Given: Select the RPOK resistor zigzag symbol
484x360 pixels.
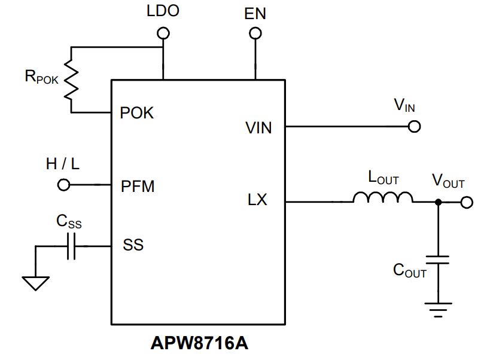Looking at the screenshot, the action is (71, 80).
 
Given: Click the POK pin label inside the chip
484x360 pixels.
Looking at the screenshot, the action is (137, 113).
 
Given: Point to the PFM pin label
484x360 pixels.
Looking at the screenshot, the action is (138, 187).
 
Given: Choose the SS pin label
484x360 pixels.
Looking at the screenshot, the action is (133, 245).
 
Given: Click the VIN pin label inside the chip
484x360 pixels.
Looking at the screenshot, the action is (258, 128).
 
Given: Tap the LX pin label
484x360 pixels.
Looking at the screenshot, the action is (257, 200).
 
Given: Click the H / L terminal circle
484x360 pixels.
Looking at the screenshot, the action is (63, 185).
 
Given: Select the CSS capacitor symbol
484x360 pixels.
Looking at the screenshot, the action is (71, 246).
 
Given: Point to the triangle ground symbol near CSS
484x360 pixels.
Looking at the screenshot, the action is (36, 283).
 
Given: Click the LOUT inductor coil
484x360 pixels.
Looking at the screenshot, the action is (383, 197).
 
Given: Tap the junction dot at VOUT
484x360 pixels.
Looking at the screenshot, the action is (439, 202).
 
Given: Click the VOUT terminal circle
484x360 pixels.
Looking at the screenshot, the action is (467, 202).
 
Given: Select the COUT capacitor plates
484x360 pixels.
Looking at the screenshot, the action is (438, 260).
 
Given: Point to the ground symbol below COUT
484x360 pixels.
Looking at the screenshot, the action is (439, 310).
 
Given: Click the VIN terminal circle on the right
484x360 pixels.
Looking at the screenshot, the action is (414, 126).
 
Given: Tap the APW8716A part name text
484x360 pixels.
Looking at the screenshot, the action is (199, 343).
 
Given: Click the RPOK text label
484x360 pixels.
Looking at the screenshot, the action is (41, 77).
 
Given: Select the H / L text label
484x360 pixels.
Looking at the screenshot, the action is (63, 164).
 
